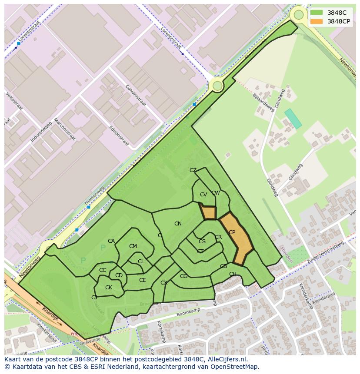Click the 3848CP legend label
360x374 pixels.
point(339,21)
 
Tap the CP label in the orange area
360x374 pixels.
point(232,233)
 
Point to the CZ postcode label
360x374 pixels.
point(193,170)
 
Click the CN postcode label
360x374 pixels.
point(178,224)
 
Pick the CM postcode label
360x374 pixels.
point(133,246)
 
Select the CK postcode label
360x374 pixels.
point(109,288)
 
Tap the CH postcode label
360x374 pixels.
point(233,274)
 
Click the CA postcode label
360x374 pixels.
point(111,241)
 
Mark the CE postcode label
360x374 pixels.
point(142,280)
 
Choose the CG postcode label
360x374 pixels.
point(183,276)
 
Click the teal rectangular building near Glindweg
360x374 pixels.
point(293,119)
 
